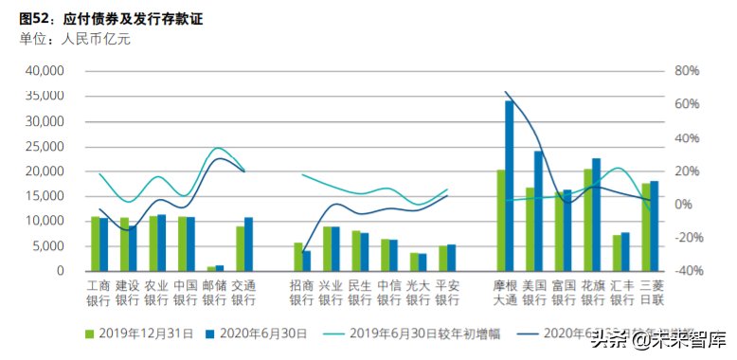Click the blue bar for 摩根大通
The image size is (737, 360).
509,186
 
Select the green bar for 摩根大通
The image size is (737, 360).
500,221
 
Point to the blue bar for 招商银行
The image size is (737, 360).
307,258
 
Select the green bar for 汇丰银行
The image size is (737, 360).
617,253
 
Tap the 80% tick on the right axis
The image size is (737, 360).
686,71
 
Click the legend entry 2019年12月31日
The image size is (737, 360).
139,333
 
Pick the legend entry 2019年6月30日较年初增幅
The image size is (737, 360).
417,333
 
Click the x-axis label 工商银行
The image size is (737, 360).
99,292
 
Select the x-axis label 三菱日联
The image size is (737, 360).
652,292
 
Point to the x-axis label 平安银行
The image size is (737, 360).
446,292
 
